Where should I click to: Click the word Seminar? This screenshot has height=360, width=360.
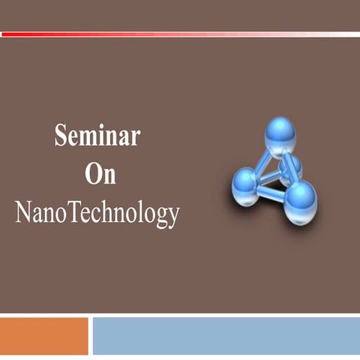97,136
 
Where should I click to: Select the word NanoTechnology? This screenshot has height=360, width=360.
97,214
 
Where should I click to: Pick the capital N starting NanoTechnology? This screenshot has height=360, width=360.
23,213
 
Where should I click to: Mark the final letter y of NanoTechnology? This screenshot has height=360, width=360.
173,217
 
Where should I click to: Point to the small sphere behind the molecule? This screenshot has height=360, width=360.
292,165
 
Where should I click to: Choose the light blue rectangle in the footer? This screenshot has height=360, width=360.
226,336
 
